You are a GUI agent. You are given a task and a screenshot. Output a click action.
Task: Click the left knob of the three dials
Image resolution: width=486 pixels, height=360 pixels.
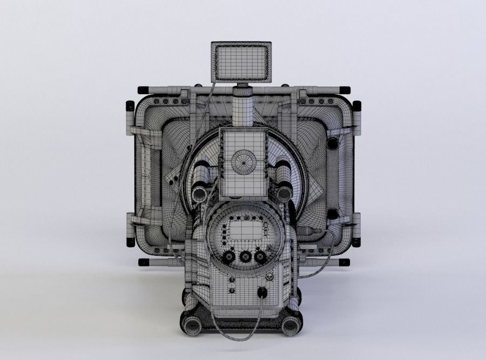[x=228, y=256]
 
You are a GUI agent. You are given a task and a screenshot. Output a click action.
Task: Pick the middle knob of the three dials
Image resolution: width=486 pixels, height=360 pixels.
[x=245, y=256]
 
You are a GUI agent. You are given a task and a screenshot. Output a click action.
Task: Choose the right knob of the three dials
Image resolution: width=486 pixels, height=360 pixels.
[x=261, y=256]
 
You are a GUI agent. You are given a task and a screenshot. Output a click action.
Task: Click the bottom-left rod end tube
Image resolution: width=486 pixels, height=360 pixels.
[x=191, y=325]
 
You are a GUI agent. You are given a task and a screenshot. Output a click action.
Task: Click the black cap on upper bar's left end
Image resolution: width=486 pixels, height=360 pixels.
[x=144, y=90]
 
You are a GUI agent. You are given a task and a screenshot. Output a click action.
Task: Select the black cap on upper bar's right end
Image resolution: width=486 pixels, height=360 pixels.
[x=343, y=90]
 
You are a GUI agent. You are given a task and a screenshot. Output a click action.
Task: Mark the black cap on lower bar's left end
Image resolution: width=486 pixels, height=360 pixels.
[x=144, y=262]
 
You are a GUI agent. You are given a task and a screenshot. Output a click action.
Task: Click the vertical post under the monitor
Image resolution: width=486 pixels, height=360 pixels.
[x=243, y=105]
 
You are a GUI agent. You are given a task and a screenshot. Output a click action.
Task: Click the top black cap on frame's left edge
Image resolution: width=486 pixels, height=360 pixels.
[x=130, y=106]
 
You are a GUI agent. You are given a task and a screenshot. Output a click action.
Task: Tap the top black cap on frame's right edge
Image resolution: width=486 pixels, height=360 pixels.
[x=357, y=106]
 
